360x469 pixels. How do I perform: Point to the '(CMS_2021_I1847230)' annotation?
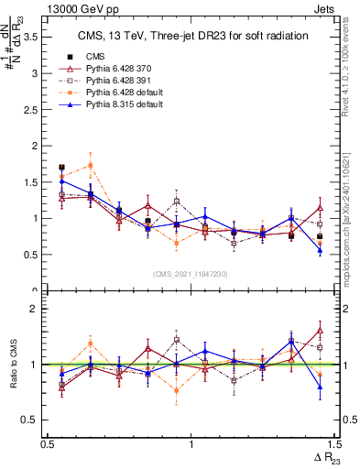pyautogui.click(x=191, y=274)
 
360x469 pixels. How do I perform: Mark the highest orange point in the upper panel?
pyautogui.click(x=90, y=165)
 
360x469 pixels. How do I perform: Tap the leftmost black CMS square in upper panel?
pyautogui.click(x=61, y=168)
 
